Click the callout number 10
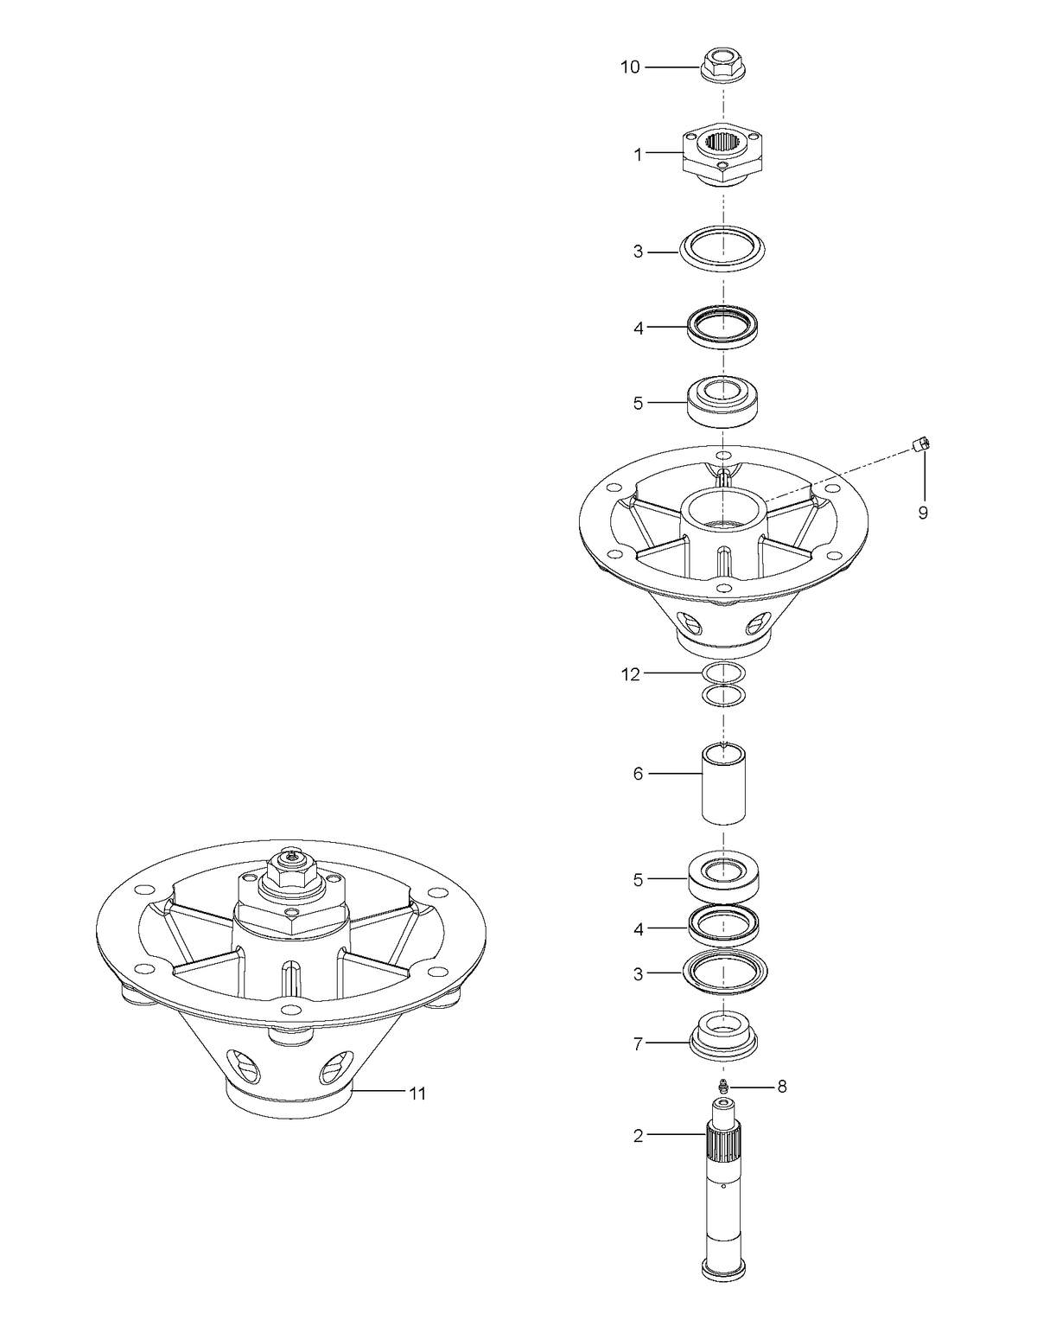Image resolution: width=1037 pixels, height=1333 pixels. coord(630,67)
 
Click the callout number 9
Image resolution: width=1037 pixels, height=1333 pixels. coord(923,513)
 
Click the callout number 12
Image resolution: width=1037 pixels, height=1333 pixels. coord(631,675)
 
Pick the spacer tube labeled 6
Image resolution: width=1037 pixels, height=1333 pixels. coord(723,782)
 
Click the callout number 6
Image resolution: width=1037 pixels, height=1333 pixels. coord(638,775)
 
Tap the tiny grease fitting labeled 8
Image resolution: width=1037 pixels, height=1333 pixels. coord(723,1087)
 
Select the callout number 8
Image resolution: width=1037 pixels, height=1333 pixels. coord(782,1087)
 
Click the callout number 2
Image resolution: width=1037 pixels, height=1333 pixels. coord(638,1136)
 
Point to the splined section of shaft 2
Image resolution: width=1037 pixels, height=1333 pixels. coord(723,1145)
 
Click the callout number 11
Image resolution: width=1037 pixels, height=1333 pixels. coord(417,1094)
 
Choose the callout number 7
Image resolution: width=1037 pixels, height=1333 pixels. coord(638,1044)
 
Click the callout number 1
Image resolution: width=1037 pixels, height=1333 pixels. coord(638,156)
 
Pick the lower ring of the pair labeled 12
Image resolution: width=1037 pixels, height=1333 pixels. coord(723,695)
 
